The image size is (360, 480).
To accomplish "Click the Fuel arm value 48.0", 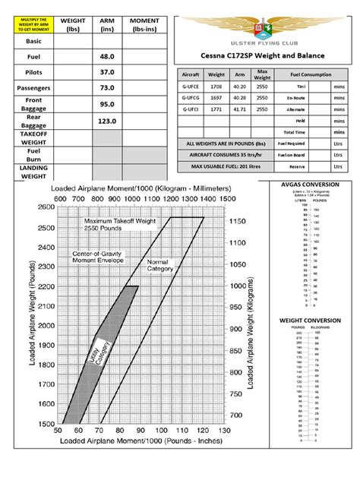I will point(106,55).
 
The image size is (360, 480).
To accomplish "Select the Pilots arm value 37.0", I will point(106,71).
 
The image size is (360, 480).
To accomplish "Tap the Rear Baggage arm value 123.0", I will point(106,121).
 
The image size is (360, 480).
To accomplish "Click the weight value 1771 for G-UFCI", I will point(216,109).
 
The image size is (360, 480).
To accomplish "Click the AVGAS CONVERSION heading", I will point(311,184).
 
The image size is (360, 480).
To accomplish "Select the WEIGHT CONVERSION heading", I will point(311,321).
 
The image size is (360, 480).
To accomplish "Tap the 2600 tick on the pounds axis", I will point(46,207).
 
